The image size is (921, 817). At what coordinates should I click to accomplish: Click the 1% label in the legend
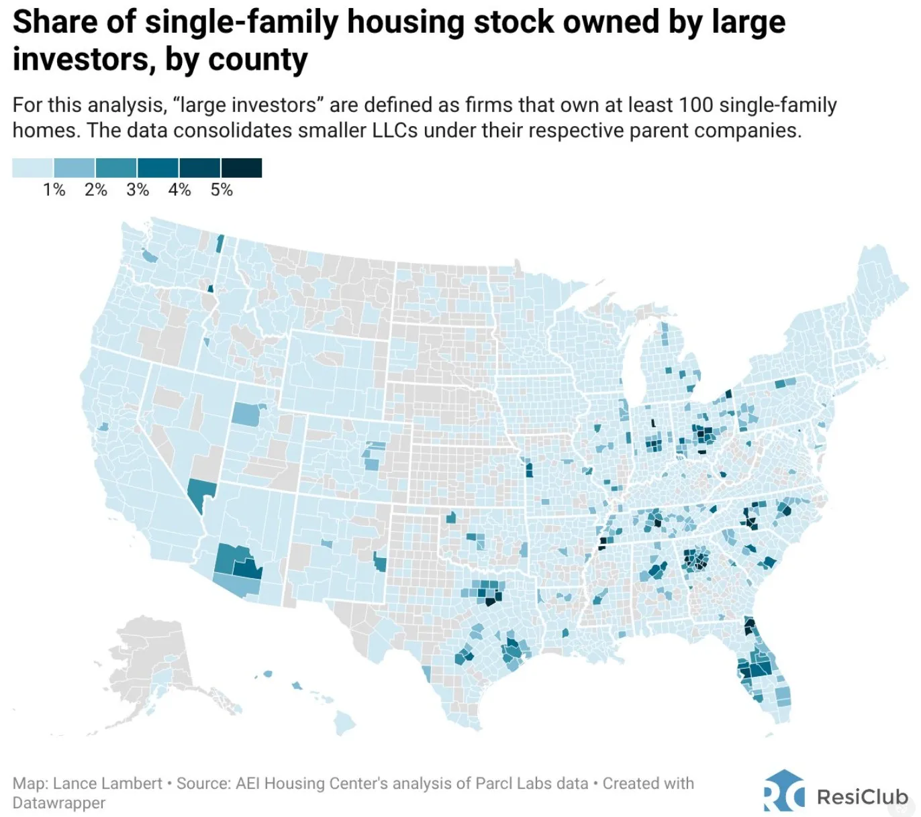tap(54, 190)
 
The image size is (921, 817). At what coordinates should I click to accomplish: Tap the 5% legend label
tap(221, 190)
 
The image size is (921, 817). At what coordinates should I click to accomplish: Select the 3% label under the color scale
tap(138, 190)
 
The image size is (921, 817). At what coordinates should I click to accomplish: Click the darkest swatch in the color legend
tap(241, 168)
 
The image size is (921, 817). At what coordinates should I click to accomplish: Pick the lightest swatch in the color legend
tap(33, 168)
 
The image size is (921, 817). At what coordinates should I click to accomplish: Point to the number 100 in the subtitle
tap(695, 105)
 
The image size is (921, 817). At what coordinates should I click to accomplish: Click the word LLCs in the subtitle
tap(394, 130)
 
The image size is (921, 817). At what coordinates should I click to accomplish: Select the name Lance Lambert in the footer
tap(107, 783)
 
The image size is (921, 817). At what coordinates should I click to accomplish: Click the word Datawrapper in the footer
tap(59, 803)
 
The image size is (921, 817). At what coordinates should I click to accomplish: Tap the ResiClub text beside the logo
tap(863, 797)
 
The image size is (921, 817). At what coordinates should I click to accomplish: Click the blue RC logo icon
tap(783, 792)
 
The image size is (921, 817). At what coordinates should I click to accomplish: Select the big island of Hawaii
tap(345, 722)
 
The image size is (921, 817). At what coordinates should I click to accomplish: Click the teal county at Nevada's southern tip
tap(199, 492)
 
